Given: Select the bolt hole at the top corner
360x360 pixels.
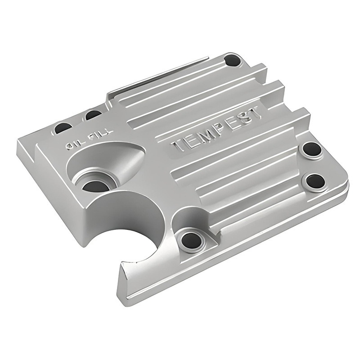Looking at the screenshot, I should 233,59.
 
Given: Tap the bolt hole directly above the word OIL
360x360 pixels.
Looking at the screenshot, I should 63,129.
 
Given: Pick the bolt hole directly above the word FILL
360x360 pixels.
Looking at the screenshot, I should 93,116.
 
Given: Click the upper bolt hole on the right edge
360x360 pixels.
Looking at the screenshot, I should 311,149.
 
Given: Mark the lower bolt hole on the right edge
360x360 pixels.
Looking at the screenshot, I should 315,181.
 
